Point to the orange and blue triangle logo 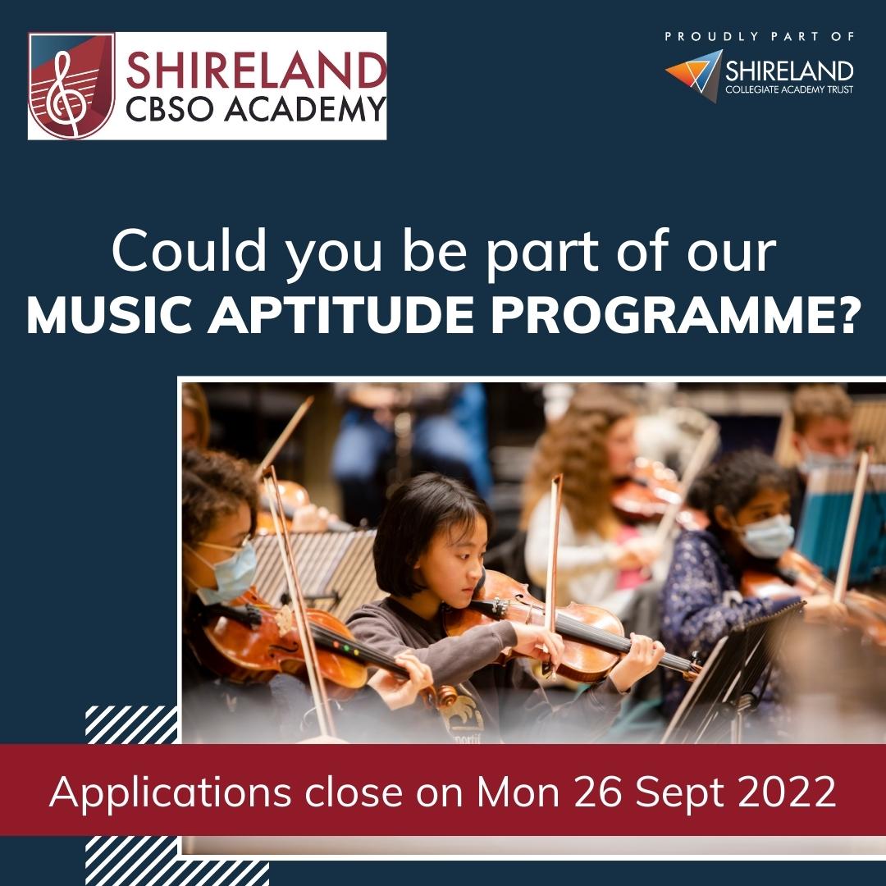point(694,75)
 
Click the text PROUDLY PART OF point(760,37)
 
